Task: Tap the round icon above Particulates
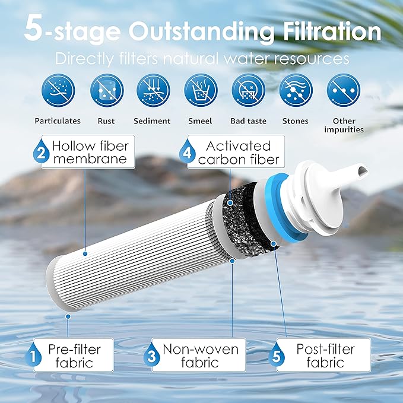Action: [58, 90]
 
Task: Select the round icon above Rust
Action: [106, 90]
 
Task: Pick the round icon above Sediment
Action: [153, 90]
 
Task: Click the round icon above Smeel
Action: [201, 90]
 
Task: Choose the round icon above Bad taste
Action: [247, 90]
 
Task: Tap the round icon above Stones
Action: [296, 90]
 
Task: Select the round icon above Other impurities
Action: [344, 90]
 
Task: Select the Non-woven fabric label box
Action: [196, 355]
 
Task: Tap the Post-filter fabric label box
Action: [323, 355]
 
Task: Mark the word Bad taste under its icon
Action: [247, 121]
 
